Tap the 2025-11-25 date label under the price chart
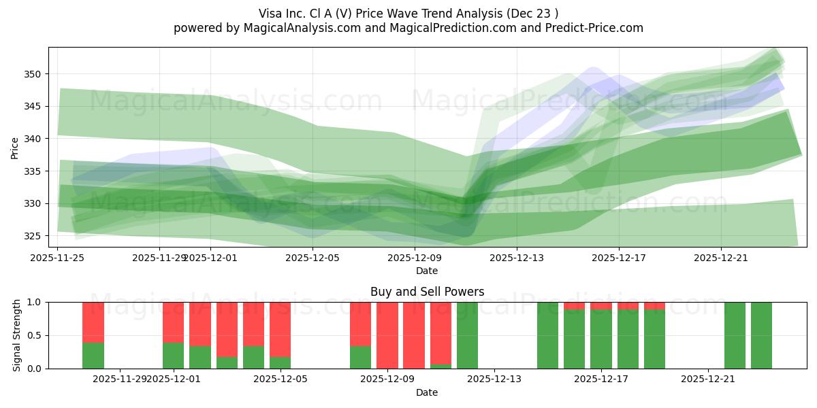tap(58, 258)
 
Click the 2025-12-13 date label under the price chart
tap(517, 258)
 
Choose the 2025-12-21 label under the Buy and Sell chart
tap(709, 379)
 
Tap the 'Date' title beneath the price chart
tap(427, 271)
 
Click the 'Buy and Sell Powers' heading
tap(427, 292)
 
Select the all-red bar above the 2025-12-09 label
tap(387, 335)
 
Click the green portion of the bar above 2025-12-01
tap(173, 356)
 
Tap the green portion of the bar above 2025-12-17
tap(601, 339)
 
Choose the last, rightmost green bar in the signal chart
tap(761, 335)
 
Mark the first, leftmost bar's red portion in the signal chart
tap(93, 322)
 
